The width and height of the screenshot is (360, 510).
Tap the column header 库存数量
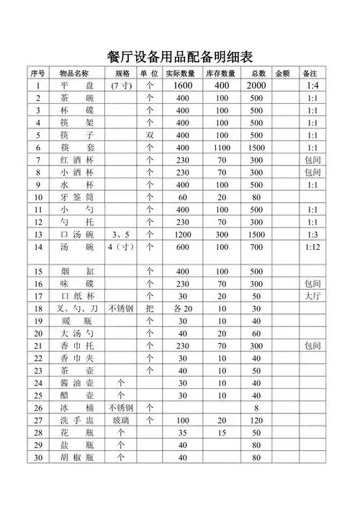pos(221,73)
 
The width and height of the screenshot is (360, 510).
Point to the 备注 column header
pos(311,73)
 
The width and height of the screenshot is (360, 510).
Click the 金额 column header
pos(282,73)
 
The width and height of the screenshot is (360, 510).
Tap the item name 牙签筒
pos(74,197)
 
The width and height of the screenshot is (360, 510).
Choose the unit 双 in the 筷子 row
pos(150,135)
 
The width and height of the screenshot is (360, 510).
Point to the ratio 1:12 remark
pos(312,247)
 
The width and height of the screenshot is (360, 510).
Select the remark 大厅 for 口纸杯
pos(312,296)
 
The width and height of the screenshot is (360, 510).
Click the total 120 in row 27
pos(256,420)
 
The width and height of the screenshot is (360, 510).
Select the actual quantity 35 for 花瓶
pos(182,432)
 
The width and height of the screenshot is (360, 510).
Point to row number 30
pos(37,457)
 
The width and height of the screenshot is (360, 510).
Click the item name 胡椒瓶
pos(74,457)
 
